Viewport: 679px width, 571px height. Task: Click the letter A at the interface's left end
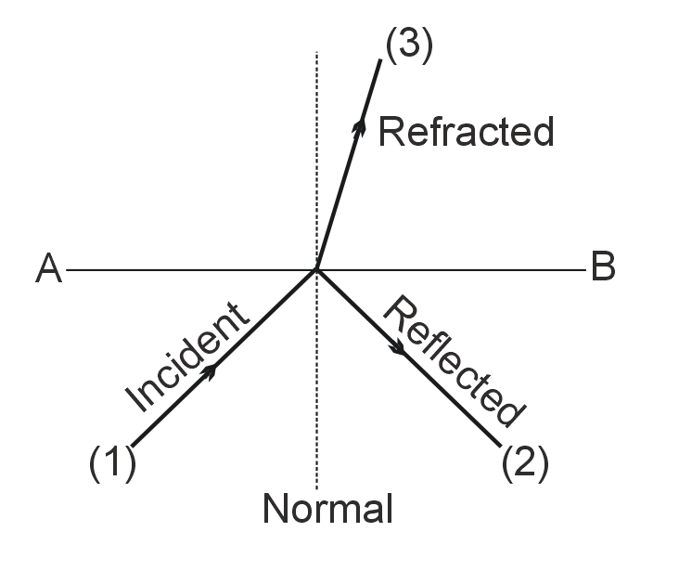pyautogui.click(x=48, y=269)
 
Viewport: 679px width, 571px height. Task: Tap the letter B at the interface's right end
pyautogui.click(x=603, y=268)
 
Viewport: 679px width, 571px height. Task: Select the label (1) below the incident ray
pyautogui.click(x=112, y=462)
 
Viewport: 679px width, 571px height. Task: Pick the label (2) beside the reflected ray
pyautogui.click(x=525, y=462)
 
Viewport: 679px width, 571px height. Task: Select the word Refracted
pyautogui.click(x=466, y=132)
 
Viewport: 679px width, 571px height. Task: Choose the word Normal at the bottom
pyautogui.click(x=327, y=510)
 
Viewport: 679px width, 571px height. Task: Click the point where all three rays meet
pyautogui.click(x=317, y=270)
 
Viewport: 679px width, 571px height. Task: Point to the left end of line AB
pyautogui.click(x=69, y=270)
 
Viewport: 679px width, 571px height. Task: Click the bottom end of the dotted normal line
pyautogui.click(x=317, y=488)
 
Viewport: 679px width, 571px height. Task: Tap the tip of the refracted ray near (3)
pyautogui.click(x=381, y=60)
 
